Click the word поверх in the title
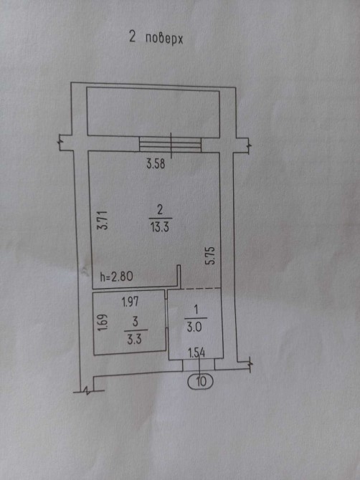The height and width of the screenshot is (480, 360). pyautogui.click(x=164, y=39)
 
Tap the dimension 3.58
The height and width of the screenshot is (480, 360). pyautogui.click(x=156, y=164)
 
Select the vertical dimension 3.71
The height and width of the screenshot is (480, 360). pyautogui.click(x=102, y=220)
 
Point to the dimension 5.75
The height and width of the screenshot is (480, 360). pyautogui.click(x=212, y=256)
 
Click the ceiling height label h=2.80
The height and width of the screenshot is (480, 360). pyautogui.click(x=116, y=277)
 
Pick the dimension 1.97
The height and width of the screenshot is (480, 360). pyautogui.click(x=131, y=302)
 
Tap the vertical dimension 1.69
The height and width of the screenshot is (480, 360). pyautogui.click(x=103, y=322)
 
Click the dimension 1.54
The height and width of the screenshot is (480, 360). pyautogui.click(x=196, y=353)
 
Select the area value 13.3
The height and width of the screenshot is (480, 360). pyautogui.click(x=160, y=227)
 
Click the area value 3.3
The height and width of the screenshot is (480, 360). pyautogui.click(x=134, y=340)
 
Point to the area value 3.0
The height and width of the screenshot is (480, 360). pyautogui.click(x=194, y=327)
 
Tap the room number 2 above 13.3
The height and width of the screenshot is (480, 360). pyautogui.click(x=160, y=211)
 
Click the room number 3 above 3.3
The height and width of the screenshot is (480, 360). pyautogui.click(x=135, y=322)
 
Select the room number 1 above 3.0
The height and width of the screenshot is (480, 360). pyautogui.click(x=196, y=309)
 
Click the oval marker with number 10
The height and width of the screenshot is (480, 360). pyautogui.click(x=200, y=382)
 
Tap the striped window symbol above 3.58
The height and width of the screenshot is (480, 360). pyautogui.click(x=171, y=144)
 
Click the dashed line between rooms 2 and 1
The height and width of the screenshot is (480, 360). pyautogui.click(x=201, y=289)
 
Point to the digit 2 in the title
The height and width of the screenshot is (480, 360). pyautogui.click(x=133, y=37)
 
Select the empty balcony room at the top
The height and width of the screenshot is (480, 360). pyautogui.click(x=153, y=112)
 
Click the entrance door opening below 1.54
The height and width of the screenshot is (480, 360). pyautogui.click(x=199, y=365)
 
